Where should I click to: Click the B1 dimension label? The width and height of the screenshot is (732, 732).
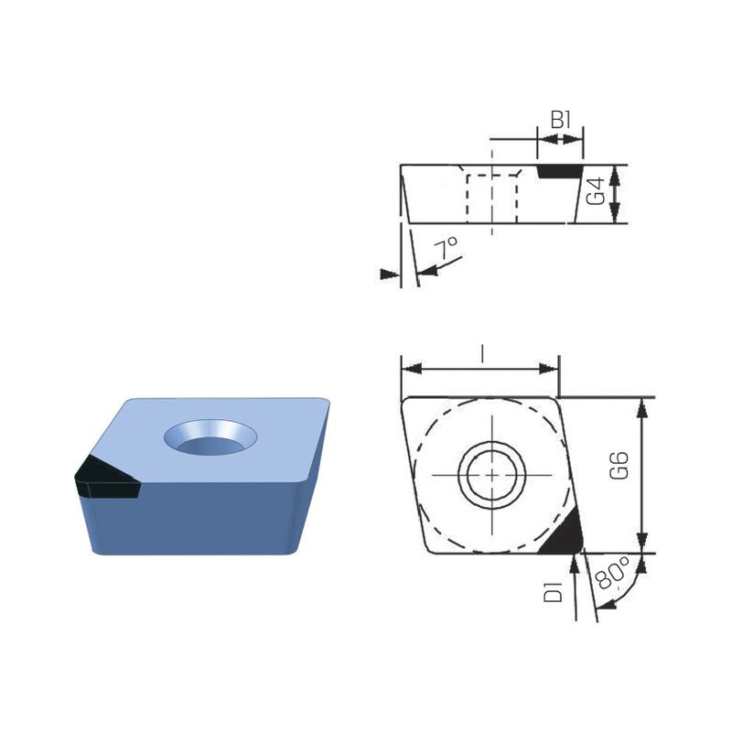coord(561,120)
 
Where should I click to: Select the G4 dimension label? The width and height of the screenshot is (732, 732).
coord(596,191)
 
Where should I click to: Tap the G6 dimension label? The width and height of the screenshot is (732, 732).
coord(619,466)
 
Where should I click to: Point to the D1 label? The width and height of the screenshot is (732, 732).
coord(554,591)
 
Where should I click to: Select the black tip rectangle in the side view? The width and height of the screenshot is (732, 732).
coord(560,171)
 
